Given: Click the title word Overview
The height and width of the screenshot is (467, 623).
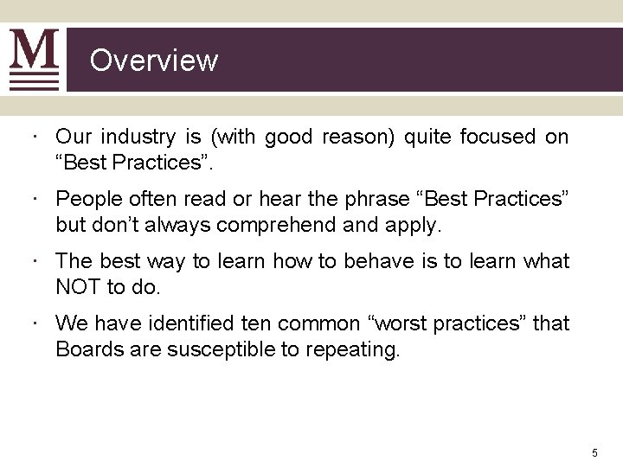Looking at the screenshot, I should (x=154, y=61).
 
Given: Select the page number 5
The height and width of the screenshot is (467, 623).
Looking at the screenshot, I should (x=594, y=452).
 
